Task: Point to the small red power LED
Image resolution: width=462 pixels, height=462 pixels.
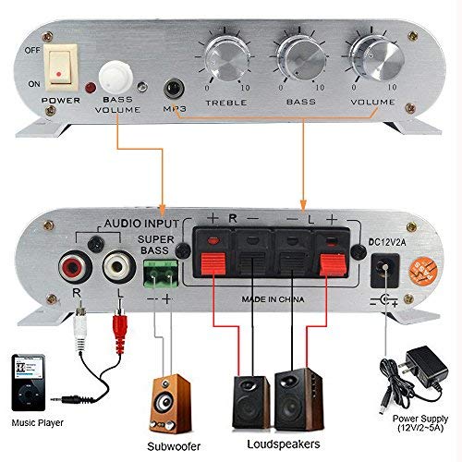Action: [91, 89]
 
